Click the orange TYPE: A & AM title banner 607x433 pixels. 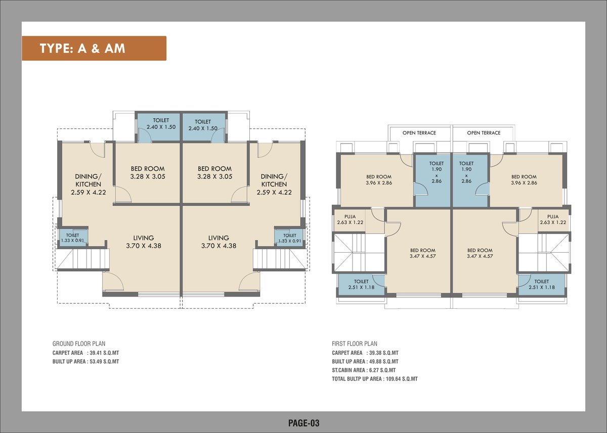point(94,48)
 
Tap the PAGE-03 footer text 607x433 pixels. point(304,423)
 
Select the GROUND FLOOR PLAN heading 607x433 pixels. point(79,344)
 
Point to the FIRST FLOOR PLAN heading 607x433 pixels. point(355,344)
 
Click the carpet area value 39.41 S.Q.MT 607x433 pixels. point(104,353)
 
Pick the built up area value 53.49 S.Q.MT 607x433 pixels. point(104,362)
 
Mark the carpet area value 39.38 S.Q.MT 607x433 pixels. point(384,353)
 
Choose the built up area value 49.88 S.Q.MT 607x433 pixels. point(384,362)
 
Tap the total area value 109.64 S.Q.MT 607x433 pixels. point(402,379)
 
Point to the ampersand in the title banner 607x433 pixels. point(95,49)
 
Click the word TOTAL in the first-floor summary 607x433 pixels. point(339,379)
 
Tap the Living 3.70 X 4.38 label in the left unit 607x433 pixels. point(143,242)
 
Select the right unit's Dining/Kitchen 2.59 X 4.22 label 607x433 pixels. point(274,184)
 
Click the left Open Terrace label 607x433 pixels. point(419,133)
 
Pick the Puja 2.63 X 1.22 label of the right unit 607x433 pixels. point(553,219)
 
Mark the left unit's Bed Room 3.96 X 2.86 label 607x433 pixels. point(379,180)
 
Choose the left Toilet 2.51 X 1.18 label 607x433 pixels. point(361,284)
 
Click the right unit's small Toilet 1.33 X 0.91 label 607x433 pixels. point(290,238)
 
